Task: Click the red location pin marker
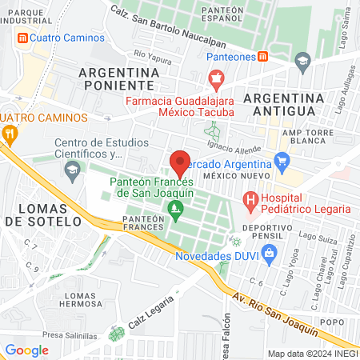(x=180, y=163)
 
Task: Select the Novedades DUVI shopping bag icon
(x=268, y=254)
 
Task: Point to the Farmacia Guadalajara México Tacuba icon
(x=214, y=78)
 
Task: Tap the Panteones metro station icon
(x=263, y=56)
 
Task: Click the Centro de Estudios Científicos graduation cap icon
(x=73, y=170)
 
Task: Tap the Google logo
(x=27, y=350)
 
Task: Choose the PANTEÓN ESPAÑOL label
(x=222, y=14)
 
